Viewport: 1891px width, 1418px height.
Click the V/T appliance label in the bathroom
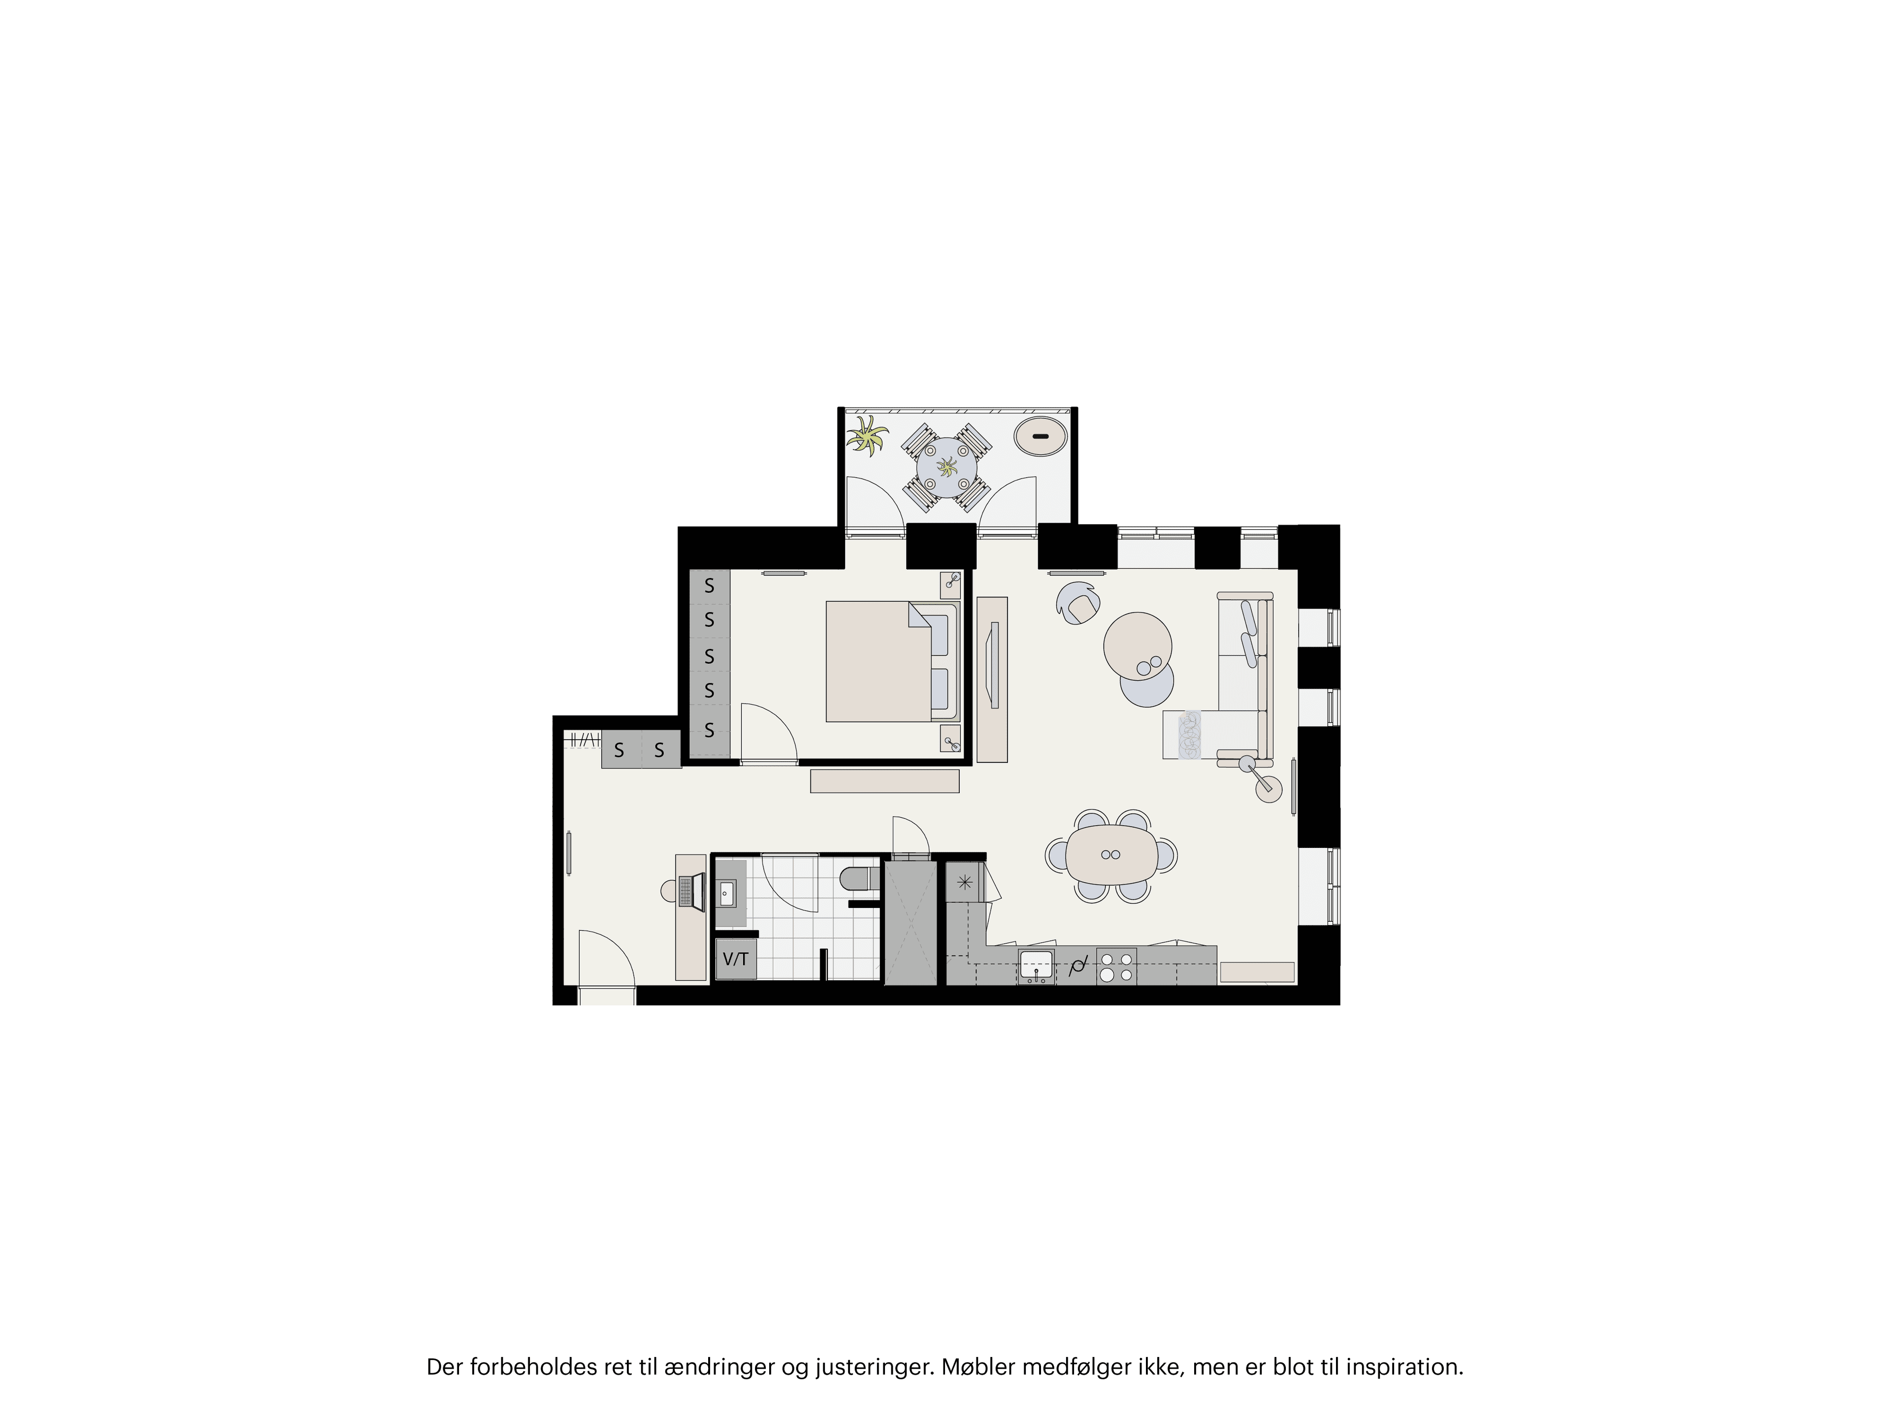(x=735, y=959)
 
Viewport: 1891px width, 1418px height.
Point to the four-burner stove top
(x=1116, y=966)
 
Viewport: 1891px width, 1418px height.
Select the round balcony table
(x=946, y=468)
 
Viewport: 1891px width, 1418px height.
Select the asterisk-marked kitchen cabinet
(x=964, y=883)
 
